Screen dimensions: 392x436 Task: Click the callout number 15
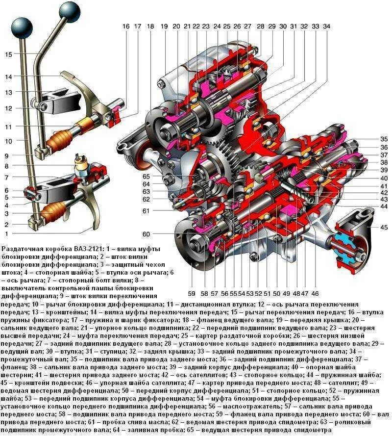pyautogui.click(x=9, y=54)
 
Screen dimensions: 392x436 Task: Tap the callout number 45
pyautogui.click(x=384, y=227)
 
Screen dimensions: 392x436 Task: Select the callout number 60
pyautogui.click(x=146, y=234)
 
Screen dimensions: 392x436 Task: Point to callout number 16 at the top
pyautogui.click(x=126, y=26)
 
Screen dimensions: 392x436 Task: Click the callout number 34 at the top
pyautogui.click(x=326, y=26)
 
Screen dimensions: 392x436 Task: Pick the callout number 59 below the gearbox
pyautogui.click(x=192, y=293)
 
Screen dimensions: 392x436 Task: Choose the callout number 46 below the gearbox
pyautogui.click(x=315, y=293)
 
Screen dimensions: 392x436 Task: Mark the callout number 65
pyautogui.click(x=146, y=176)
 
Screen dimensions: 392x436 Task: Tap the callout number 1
pyautogui.click(x=7, y=233)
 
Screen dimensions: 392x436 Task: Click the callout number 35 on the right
pyautogui.click(x=384, y=139)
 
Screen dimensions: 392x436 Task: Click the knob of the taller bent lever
pyautogui.click(x=70, y=12)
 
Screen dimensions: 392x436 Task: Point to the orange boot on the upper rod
pyautogui.click(x=61, y=140)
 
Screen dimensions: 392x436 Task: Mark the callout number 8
pyautogui.click(x=7, y=166)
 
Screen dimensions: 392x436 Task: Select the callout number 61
pyautogui.click(x=146, y=211)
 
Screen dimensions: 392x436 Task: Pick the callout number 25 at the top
pyautogui.click(x=227, y=26)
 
